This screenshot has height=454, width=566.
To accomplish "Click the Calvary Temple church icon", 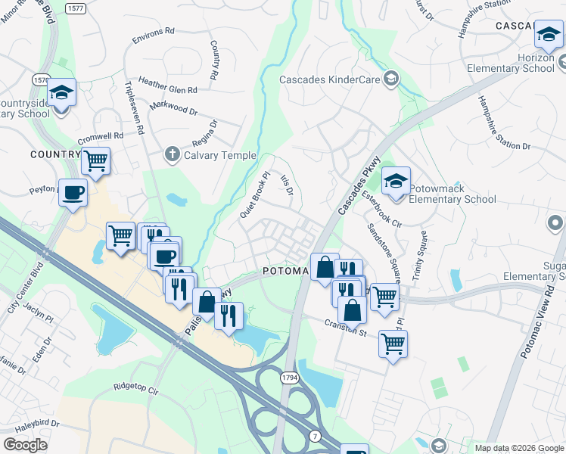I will [172, 155].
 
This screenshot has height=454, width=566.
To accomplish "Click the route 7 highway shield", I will [313, 435].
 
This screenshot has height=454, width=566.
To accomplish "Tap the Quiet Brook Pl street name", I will [255, 194].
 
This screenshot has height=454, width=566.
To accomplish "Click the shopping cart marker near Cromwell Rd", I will [95, 160].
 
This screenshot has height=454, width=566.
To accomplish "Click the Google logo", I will [25, 445].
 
